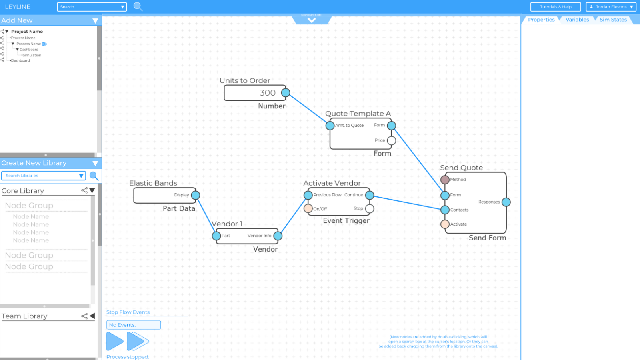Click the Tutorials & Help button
pyautogui.click(x=555, y=7)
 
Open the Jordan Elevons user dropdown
pyautogui.click(x=611, y=7)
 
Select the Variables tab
pyautogui.click(x=577, y=20)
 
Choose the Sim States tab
pyautogui.click(x=613, y=20)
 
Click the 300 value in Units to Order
pyautogui.click(x=267, y=93)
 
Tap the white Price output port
pyautogui.click(x=392, y=140)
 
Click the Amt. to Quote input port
pyautogui.click(x=330, y=126)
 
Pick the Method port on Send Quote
pyautogui.click(x=445, y=180)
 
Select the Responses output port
pyautogui.click(x=506, y=202)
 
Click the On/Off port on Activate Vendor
pyautogui.click(x=308, y=208)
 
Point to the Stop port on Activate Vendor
pyautogui.click(x=370, y=208)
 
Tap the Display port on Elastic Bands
pyautogui.click(x=196, y=195)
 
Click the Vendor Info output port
pyautogui.click(x=278, y=236)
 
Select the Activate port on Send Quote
pyautogui.click(x=445, y=224)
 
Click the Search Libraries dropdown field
pyautogui.click(x=43, y=176)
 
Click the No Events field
pyautogui.click(x=133, y=325)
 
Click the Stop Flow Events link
pyautogui.click(x=128, y=312)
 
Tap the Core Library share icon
pyautogui.click(x=84, y=190)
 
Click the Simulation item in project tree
pyautogui.click(x=32, y=55)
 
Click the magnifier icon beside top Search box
pyautogui.click(x=138, y=6)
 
